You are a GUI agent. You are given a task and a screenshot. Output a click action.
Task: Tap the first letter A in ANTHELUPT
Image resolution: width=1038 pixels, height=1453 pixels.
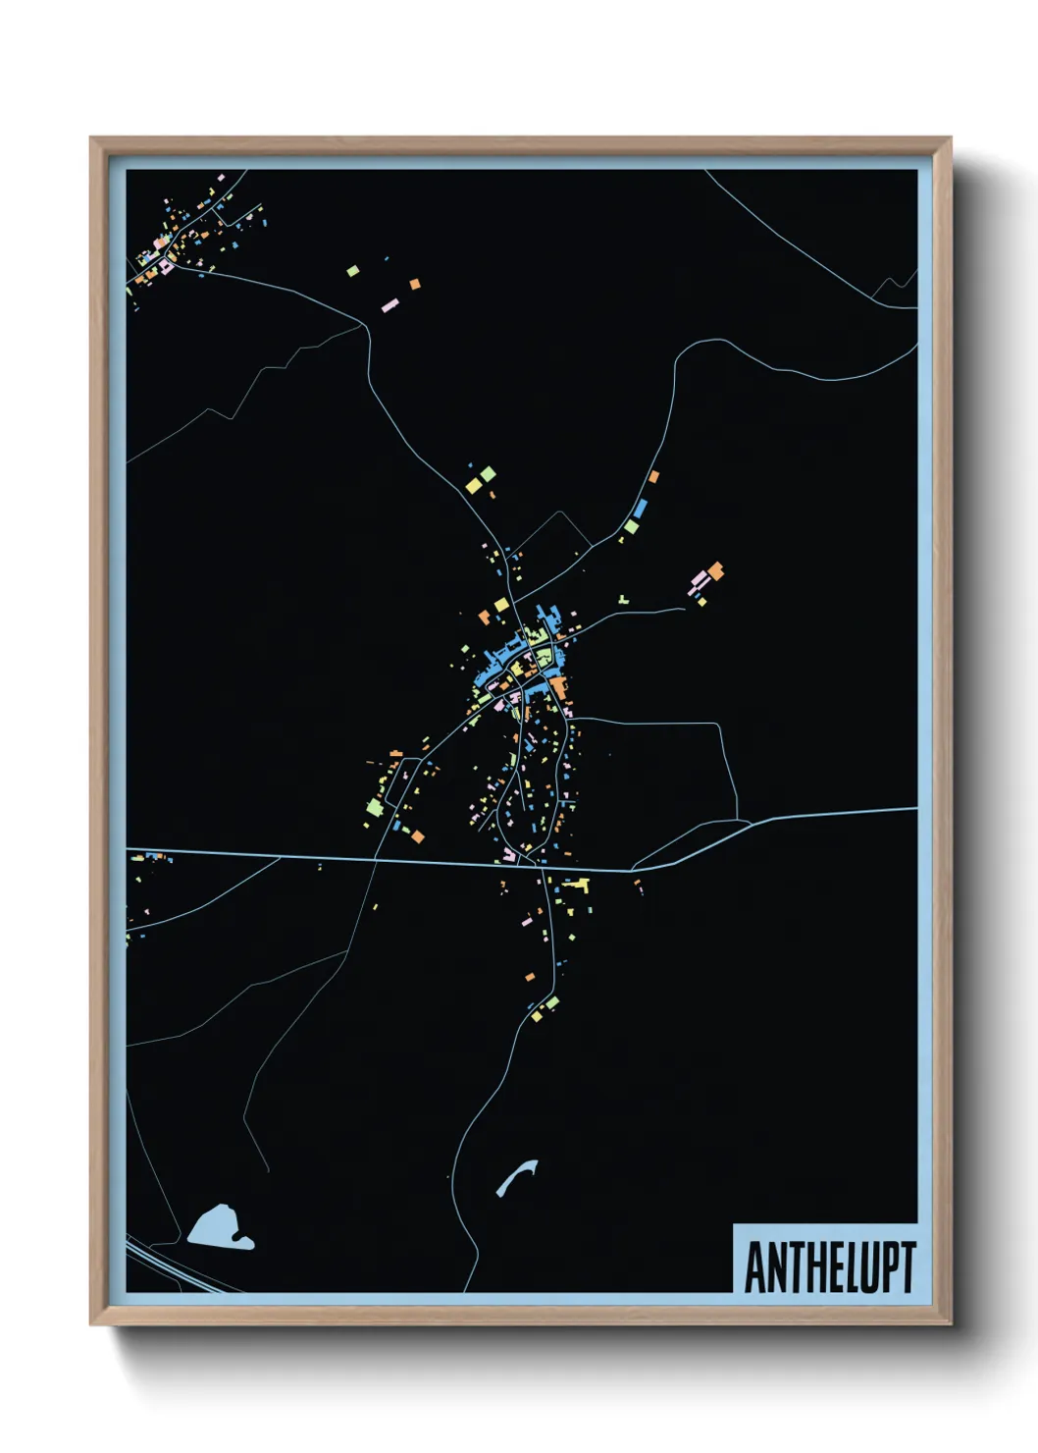pyautogui.click(x=755, y=1267)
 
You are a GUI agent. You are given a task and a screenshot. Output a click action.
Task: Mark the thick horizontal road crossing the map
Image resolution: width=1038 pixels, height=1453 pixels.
pyautogui.click(x=392, y=861)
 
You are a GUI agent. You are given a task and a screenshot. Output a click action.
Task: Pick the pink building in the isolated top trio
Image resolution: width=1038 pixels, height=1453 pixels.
pyautogui.click(x=389, y=306)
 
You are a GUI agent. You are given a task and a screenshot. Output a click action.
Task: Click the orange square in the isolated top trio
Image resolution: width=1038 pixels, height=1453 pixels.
pyautogui.click(x=415, y=284)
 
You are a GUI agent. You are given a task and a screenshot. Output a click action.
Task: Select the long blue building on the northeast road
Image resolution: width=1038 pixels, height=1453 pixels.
pyautogui.click(x=641, y=509)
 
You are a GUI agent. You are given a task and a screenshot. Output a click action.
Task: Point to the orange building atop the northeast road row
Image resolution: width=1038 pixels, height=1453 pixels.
pyautogui.click(x=653, y=477)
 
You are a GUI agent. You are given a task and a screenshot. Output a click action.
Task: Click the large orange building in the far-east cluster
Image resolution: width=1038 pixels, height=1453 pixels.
pyautogui.click(x=716, y=569)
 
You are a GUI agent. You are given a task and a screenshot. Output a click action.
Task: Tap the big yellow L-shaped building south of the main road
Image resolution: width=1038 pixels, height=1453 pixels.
pyautogui.click(x=579, y=887)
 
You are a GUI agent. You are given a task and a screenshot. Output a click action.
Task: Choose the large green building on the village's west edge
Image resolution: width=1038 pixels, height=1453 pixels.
pyautogui.click(x=374, y=807)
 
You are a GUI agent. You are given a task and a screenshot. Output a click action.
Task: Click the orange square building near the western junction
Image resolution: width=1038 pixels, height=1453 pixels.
pyautogui.click(x=418, y=836)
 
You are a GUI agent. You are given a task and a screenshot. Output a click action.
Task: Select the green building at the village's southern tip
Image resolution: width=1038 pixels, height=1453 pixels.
pyautogui.click(x=552, y=1002)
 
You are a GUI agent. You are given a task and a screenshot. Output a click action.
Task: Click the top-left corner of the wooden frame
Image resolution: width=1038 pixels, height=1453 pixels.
pyautogui.click(x=92, y=139)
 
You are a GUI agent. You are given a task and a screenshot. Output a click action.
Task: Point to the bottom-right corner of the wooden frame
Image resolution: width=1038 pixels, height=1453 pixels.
pyautogui.click(x=950, y=1322)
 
